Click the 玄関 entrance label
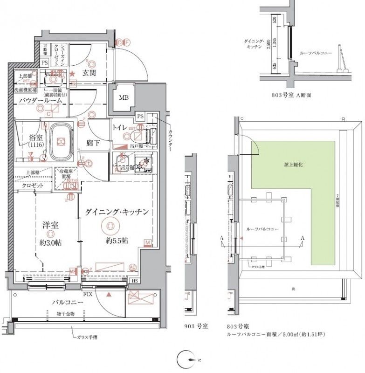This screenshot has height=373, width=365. coord(89,73)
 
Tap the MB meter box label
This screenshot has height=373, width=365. coord(124,98)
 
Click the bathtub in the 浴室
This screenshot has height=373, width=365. coord(59,141)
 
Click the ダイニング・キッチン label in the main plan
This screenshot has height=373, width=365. coord(117,212)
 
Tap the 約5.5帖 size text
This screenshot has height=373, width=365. coord(117,241)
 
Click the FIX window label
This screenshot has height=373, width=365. coord(87,295)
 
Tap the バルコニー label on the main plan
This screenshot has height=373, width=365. coord(68,303)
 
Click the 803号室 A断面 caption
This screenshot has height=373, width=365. coord(291,95)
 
